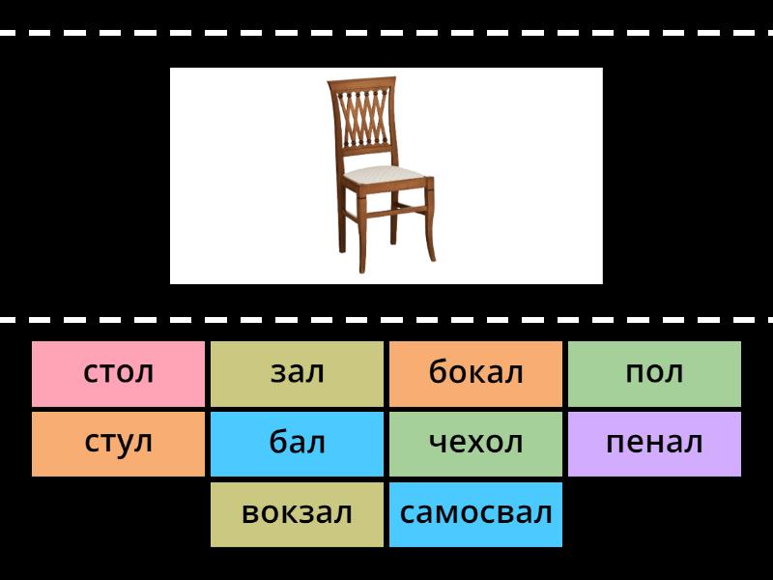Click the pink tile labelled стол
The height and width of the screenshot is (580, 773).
(x=118, y=374)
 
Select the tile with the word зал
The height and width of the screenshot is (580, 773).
(x=297, y=374)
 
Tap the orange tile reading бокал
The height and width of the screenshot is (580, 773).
(x=475, y=374)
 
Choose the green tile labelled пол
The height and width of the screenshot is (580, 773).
(x=654, y=374)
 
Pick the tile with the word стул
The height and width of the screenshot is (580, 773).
(x=118, y=444)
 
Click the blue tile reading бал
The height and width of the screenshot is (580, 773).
(x=297, y=444)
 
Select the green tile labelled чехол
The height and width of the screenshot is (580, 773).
(x=475, y=444)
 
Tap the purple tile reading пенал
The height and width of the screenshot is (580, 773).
(x=654, y=444)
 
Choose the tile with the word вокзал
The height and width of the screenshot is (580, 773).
(x=297, y=514)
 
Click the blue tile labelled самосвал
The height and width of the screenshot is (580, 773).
(x=475, y=514)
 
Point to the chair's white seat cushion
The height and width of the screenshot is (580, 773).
(x=384, y=174)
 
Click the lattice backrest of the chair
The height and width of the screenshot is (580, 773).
(x=363, y=117)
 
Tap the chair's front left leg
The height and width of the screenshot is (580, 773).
(x=361, y=232)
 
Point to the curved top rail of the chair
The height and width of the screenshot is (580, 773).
(x=361, y=82)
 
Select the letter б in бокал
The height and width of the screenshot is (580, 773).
(x=439, y=371)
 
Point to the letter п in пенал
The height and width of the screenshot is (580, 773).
(x=615, y=443)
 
